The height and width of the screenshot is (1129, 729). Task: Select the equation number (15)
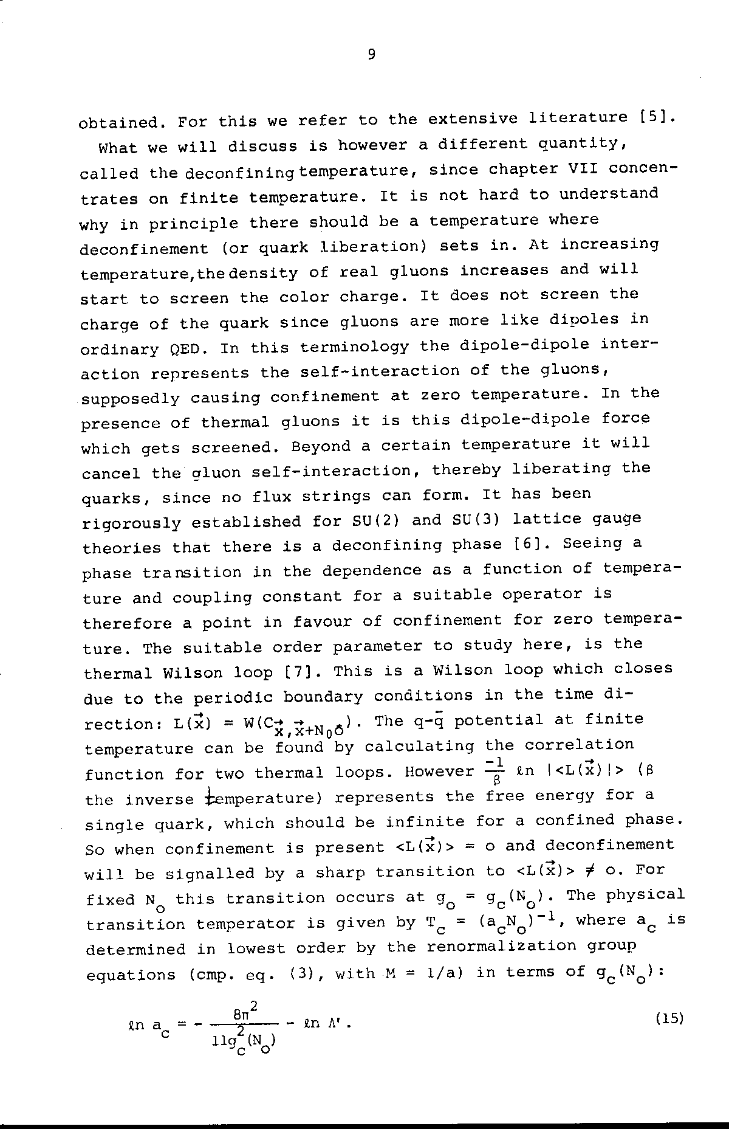click(669, 1018)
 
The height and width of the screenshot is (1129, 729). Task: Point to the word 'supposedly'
click(130, 399)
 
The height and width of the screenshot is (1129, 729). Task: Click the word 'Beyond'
click(321, 446)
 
